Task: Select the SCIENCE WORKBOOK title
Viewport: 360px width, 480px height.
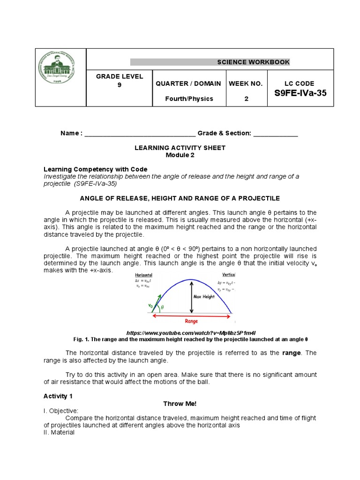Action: pos(253,62)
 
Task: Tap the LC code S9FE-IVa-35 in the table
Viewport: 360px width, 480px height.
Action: pos(300,93)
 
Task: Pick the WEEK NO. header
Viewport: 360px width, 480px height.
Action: pos(246,83)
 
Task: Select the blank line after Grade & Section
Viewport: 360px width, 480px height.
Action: pos(276,134)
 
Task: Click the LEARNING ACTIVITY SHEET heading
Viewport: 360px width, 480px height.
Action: pos(180,148)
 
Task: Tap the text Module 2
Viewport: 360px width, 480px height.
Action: pos(180,155)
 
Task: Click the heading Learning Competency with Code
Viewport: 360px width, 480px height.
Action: pos(95,169)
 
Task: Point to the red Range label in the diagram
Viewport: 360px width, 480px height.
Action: pos(191,322)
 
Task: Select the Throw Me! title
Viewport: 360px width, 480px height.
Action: pos(180,403)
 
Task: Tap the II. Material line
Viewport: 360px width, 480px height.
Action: pos(59,432)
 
